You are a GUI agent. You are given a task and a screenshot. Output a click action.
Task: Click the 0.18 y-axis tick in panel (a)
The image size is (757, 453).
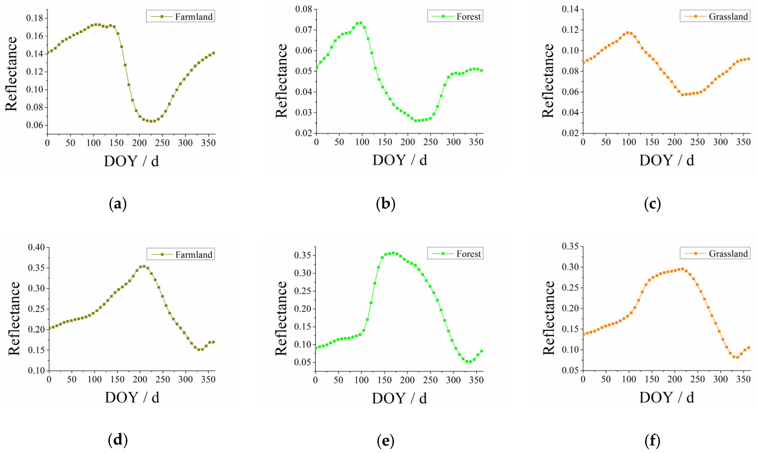click(x=35, y=18)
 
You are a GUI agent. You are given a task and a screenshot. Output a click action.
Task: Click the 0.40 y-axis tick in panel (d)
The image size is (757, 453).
click(x=36, y=247)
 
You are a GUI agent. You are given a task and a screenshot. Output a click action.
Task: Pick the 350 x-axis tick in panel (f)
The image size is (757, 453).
click(x=743, y=379)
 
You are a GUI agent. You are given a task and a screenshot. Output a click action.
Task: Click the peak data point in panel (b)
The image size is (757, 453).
click(x=361, y=23)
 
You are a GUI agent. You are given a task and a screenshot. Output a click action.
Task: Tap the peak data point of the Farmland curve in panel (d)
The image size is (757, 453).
click(x=144, y=266)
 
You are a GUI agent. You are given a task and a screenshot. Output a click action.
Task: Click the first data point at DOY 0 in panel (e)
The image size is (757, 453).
click(x=316, y=348)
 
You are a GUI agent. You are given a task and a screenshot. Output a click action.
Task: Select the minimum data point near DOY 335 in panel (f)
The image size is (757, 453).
click(x=737, y=357)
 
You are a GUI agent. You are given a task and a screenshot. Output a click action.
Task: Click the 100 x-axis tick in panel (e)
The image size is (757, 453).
click(x=361, y=380)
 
